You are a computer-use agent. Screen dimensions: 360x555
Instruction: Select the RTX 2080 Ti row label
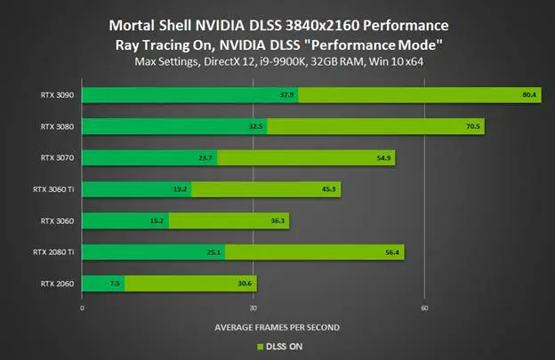[58, 252]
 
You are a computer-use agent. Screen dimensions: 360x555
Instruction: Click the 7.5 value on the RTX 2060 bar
[114, 284]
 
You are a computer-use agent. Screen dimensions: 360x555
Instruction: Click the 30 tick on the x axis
[253, 308]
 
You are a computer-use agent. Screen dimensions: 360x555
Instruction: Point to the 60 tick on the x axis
[425, 308]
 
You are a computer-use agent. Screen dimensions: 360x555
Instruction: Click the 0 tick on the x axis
[82, 308]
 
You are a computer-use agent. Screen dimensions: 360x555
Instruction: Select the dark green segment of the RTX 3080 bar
[173, 126]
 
